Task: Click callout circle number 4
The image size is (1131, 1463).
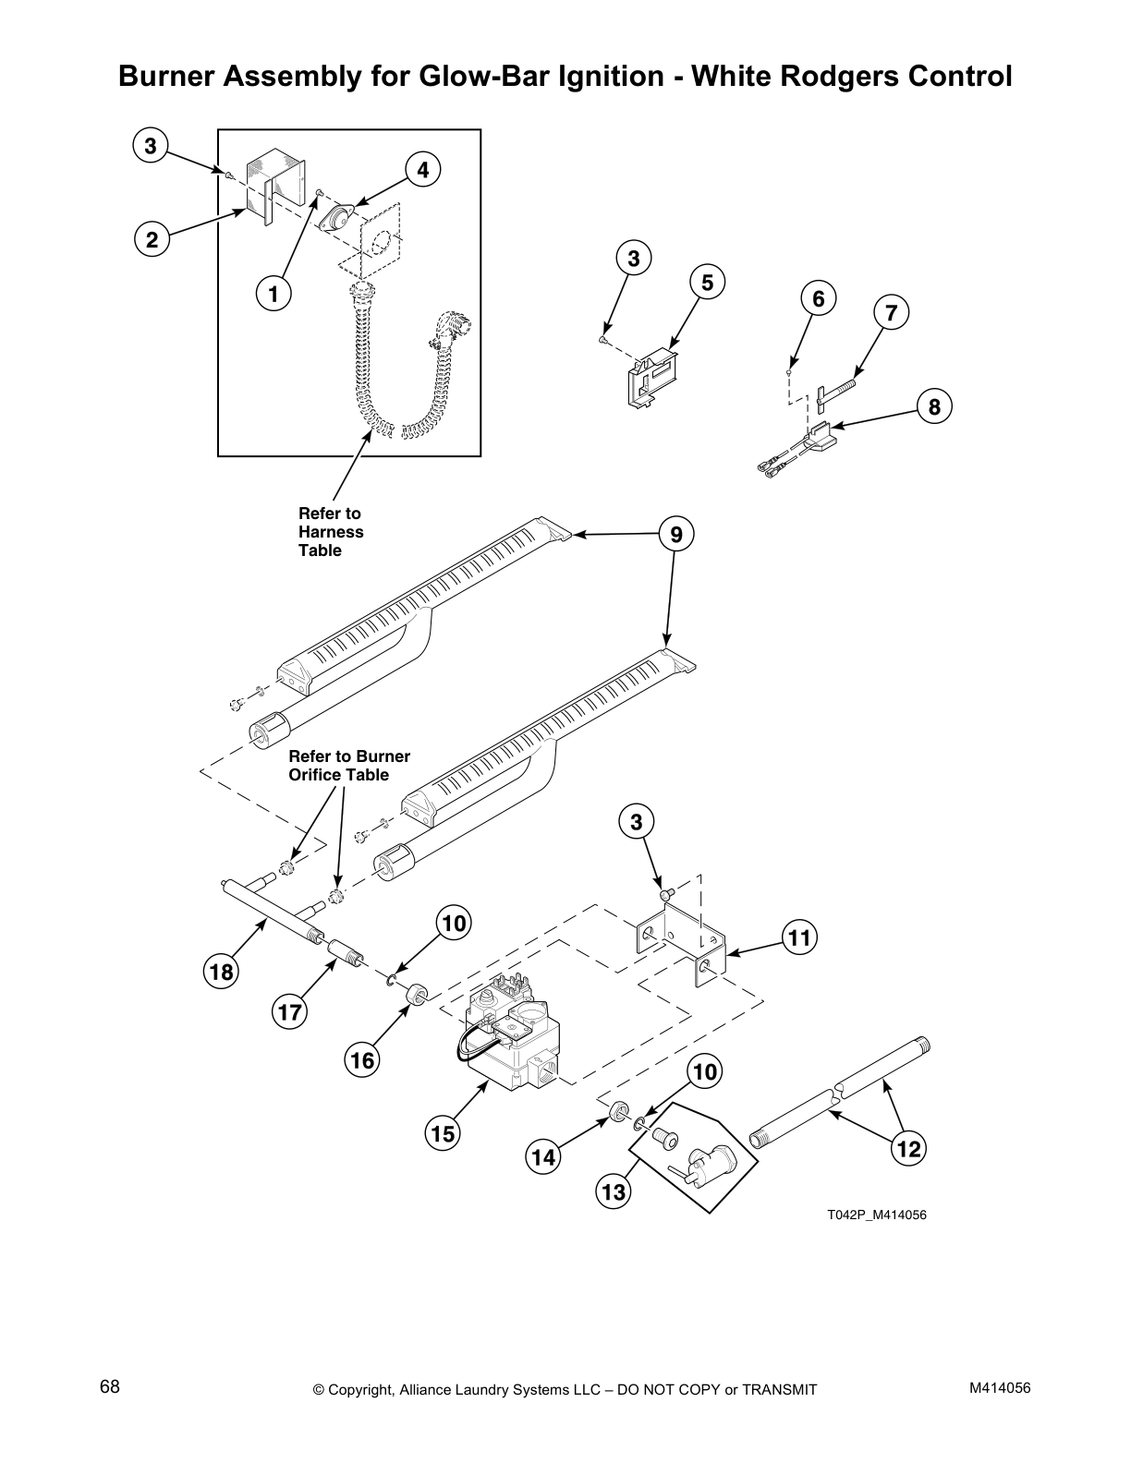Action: (422, 170)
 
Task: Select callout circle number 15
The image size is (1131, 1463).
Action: (444, 1132)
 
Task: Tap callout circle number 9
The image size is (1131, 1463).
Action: (676, 534)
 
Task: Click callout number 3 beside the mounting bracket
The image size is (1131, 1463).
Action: (636, 822)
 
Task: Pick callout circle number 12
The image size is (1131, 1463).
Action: (909, 1149)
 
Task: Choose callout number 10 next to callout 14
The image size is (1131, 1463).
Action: (706, 1072)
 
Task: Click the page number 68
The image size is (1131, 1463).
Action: (110, 1387)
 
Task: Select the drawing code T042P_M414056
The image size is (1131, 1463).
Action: (875, 1215)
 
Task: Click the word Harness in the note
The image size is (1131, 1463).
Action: (331, 532)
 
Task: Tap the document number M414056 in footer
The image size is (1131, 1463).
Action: (1000, 1388)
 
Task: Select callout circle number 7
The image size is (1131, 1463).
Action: (891, 313)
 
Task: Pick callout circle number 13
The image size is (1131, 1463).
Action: (613, 1192)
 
